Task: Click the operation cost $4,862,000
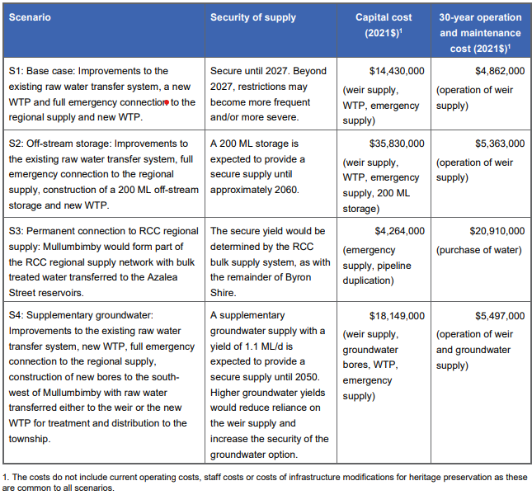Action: [494, 72]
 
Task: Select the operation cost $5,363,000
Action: [494, 143]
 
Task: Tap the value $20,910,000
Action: [492, 231]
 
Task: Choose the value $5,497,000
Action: [494, 316]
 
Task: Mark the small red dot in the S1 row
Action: [166, 103]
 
